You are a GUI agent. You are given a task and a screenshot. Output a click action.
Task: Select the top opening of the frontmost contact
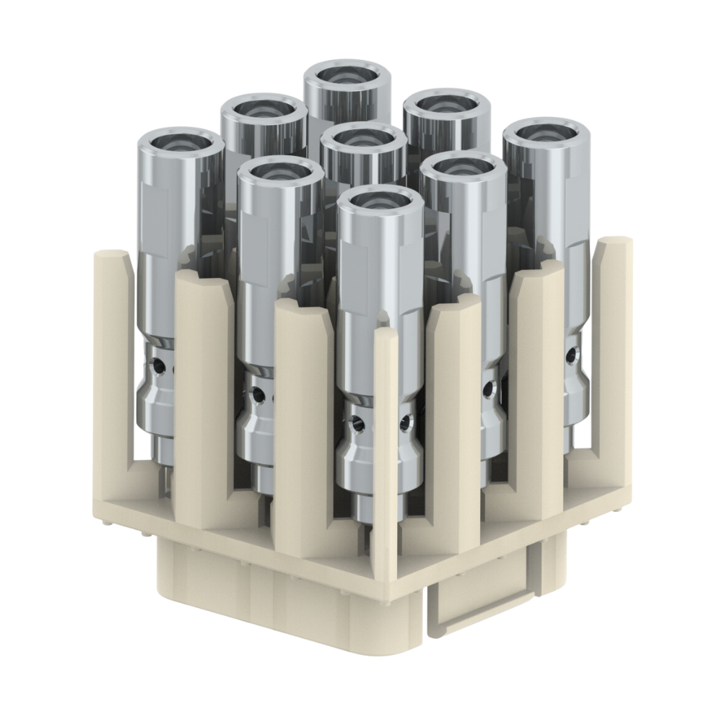point(380,203)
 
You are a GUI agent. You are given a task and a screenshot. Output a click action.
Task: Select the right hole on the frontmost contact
point(406,421)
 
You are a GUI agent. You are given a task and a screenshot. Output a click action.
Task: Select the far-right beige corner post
point(609,347)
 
